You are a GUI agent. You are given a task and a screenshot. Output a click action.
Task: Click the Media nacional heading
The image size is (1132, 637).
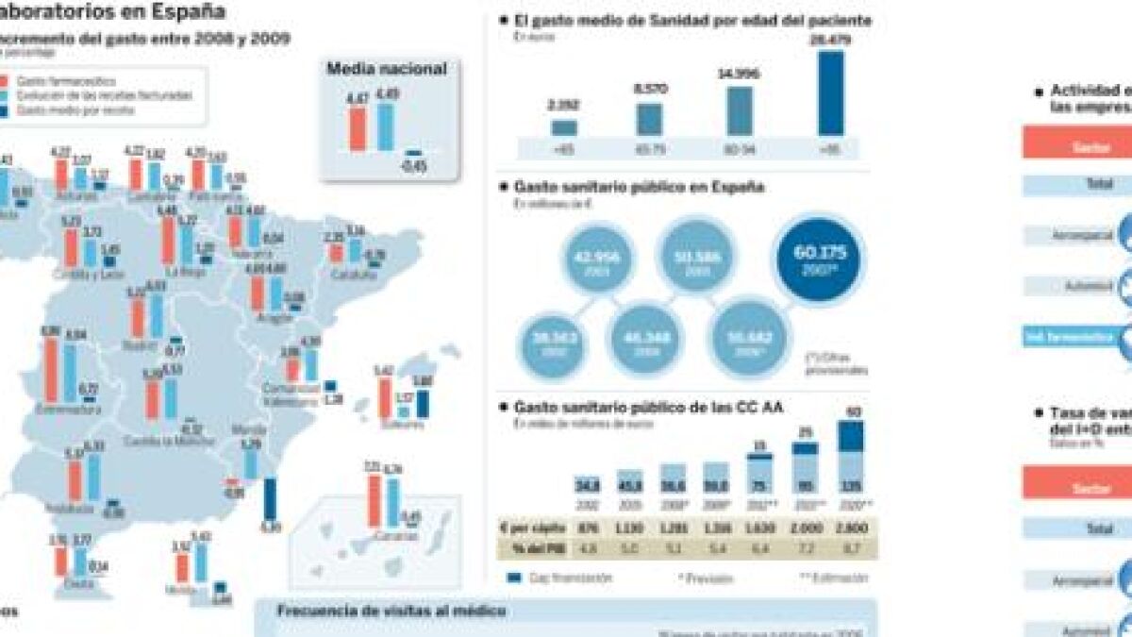click(387, 68)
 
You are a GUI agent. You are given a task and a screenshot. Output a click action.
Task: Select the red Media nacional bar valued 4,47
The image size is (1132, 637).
click(358, 128)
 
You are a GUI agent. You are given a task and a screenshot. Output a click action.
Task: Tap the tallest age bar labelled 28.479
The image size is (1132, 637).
click(831, 92)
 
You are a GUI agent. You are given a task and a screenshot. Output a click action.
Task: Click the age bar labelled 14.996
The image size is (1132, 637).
click(740, 111)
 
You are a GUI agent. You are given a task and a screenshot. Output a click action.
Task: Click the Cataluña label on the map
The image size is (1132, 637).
click(354, 275)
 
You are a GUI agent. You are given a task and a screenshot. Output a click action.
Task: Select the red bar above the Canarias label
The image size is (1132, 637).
click(374, 499)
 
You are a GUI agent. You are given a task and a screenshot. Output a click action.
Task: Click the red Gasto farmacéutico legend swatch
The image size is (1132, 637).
click(4, 81)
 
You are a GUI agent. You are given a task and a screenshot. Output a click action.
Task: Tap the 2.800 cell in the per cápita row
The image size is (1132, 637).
click(852, 528)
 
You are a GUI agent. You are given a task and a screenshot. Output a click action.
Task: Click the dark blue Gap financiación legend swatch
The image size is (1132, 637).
click(515, 578)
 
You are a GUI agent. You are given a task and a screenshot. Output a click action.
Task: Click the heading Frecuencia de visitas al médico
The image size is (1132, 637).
click(391, 611)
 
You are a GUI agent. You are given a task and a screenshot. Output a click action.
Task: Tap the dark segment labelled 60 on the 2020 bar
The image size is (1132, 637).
click(851, 436)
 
